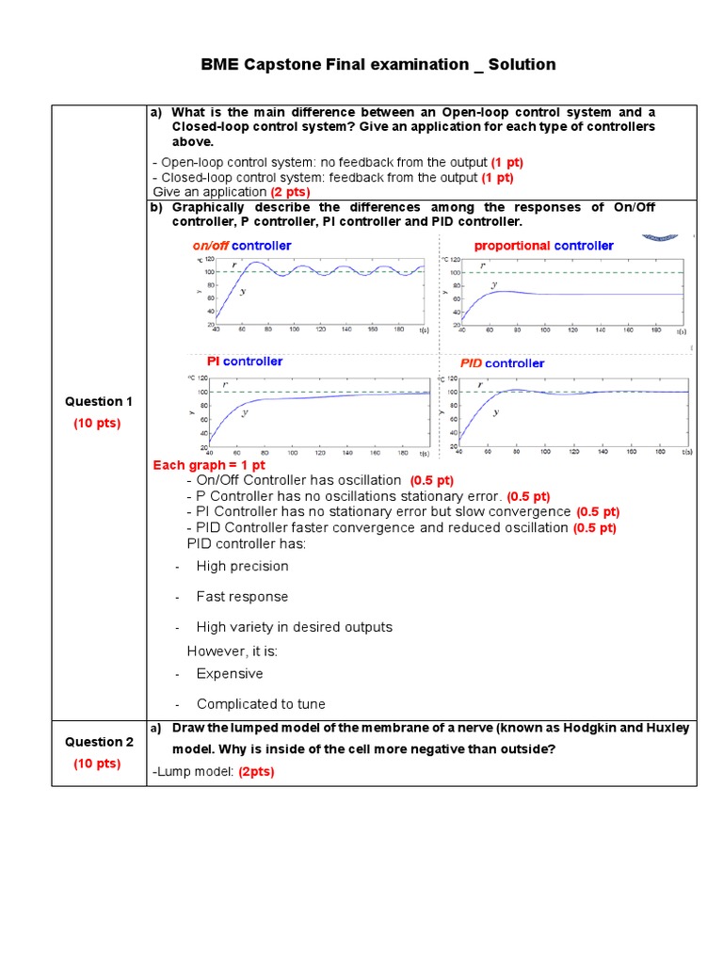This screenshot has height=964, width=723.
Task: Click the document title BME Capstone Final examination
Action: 378,65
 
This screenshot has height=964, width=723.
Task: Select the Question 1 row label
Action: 99,401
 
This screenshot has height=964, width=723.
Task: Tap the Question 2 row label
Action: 99,742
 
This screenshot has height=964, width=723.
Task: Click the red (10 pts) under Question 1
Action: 99,424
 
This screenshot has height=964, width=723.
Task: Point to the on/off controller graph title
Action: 242,246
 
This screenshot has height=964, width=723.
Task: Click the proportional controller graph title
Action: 543,246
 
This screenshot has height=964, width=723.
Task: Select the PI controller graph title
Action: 245,361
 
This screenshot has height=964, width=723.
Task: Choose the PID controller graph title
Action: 502,363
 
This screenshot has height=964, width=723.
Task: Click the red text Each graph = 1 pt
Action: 209,465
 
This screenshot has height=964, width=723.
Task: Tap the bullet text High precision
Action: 242,566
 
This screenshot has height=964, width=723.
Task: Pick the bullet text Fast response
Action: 242,597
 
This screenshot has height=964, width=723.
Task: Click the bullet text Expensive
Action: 230,674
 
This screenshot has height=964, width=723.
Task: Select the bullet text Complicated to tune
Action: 261,704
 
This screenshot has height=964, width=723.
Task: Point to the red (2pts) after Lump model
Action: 255,772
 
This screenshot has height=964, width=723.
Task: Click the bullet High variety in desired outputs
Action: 294,627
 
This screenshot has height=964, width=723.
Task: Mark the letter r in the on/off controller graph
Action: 233,265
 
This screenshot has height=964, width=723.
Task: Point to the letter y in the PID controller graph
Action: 496,411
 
